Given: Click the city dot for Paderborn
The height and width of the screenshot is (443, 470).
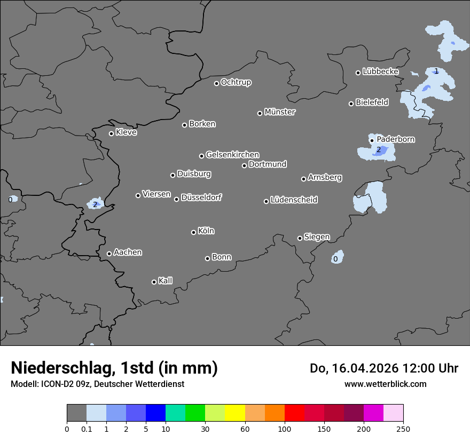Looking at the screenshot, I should (372, 141).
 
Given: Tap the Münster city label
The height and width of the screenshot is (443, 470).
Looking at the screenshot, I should (280, 112).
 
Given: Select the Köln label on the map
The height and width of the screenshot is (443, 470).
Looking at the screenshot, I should (206, 231).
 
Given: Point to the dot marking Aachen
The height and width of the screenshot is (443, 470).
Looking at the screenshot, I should (109, 254).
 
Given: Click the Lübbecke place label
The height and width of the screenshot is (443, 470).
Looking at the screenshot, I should (381, 72).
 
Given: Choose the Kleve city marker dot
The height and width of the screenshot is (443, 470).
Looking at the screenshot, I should (111, 133).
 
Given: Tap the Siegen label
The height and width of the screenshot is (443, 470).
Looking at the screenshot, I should (317, 237).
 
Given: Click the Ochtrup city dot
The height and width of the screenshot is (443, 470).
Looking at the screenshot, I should (216, 83).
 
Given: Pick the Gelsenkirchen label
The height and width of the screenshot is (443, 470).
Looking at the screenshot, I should (232, 155).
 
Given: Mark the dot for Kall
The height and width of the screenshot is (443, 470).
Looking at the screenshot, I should (154, 282).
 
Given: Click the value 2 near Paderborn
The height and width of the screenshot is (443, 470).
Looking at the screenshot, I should (379, 149).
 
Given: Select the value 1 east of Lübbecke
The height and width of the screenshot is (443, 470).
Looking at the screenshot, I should (436, 71).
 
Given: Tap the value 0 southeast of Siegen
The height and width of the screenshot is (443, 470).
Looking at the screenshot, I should (335, 259).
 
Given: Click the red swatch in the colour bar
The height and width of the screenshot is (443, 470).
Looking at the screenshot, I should (294, 413).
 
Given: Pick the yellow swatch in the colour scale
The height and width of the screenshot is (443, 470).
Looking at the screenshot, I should (235, 413).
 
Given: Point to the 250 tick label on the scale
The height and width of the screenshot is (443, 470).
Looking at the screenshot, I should (403, 429).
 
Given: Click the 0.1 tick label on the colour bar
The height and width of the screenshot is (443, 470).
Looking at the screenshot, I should (87, 429).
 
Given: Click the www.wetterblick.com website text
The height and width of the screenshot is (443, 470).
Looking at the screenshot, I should (385, 384).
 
